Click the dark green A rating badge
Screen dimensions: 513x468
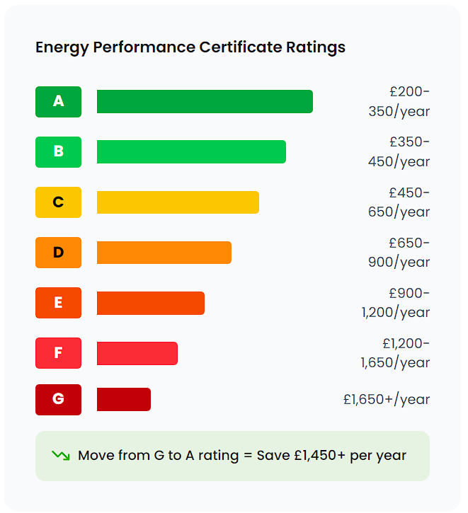[58, 101]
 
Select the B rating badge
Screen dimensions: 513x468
[58, 151]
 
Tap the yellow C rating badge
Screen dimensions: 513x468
[58, 202]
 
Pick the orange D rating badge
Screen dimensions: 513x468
[58, 253]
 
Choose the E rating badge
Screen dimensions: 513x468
[58, 303]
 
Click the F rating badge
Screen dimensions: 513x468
[58, 353]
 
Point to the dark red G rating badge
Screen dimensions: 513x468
[58, 399]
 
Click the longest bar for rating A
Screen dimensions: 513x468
[205, 101]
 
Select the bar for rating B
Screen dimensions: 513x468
[191, 151]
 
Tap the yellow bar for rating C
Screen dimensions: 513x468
[178, 202]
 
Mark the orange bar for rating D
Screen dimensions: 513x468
[164, 253]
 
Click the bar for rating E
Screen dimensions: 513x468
[151, 303]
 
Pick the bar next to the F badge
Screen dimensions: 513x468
[137, 353]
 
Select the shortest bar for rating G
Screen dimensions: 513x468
[124, 399]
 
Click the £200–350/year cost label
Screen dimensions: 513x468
[399, 101]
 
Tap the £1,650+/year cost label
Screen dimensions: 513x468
[387, 399]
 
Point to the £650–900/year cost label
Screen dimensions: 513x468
[399, 253]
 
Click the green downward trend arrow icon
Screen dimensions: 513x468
[60, 456]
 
